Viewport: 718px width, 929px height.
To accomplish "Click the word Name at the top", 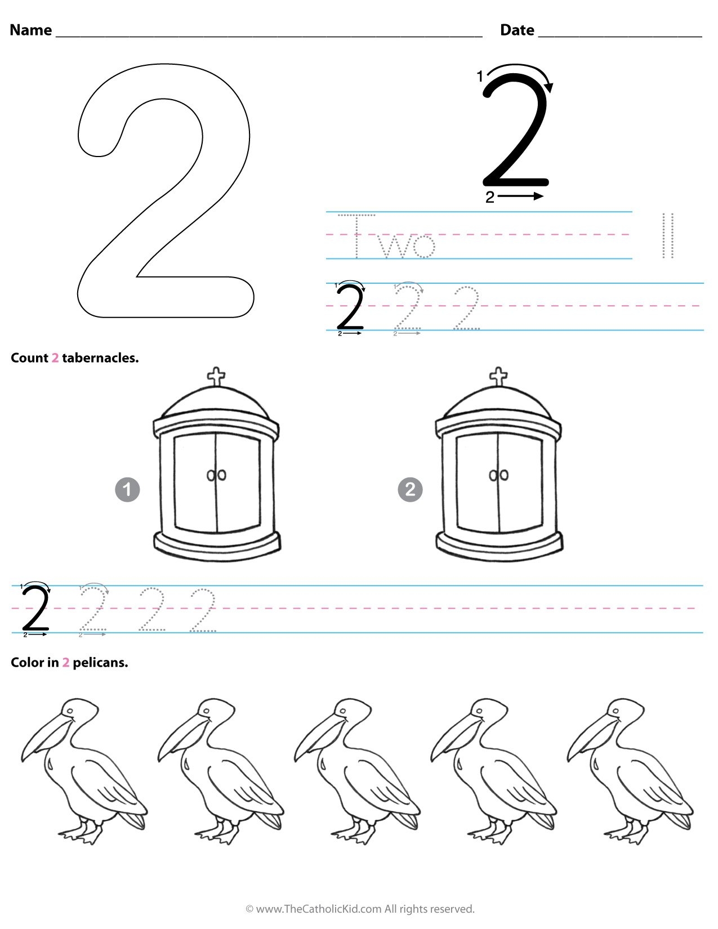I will pos(31,30).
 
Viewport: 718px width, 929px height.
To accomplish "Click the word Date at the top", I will pos(517,30).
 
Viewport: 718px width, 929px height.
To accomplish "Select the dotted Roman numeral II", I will pos(668,235).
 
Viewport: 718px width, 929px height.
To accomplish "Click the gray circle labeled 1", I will pos(127,489).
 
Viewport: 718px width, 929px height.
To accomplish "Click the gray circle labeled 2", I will pos(410,489).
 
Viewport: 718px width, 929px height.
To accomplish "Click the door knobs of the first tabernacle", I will pos(216,476).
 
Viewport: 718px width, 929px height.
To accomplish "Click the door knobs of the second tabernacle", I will pos(499,476).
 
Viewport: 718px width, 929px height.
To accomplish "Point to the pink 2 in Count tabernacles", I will pos(55,358).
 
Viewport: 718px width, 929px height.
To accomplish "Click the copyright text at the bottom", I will pos(360,909).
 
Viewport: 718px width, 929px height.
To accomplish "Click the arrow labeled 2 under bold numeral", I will pos(521,196).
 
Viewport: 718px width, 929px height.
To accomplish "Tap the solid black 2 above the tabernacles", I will pos(350,308).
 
